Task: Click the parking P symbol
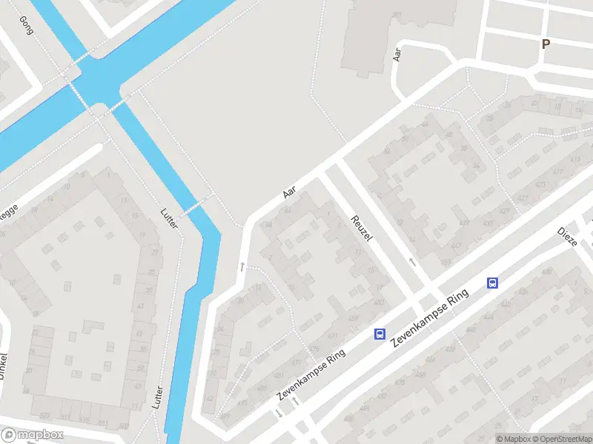click(x=546, y=44)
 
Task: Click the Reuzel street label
click(x=361, y=229)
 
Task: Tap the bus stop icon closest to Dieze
click(x=492, y=282)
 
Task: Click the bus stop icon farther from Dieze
click(x=380, y=334)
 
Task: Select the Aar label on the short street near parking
click(x=397, y=54)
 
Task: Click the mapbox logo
click(x=32, y=435)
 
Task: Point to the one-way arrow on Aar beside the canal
click(x=242, y=266)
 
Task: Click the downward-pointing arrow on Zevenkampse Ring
click(x=279, y=413)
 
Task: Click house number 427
click(x=523, y=198)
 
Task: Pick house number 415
click(x=575, y=160)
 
